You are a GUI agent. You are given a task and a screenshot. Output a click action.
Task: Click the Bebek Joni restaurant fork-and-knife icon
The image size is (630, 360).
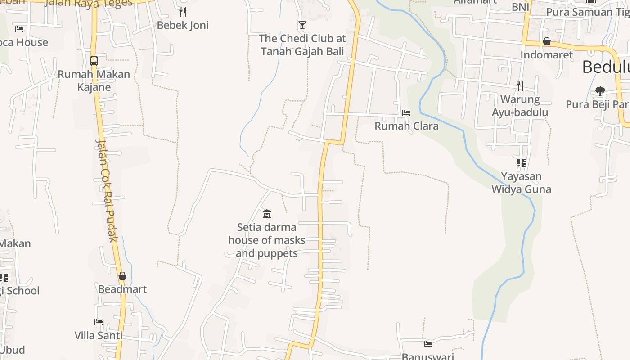pos(183,12)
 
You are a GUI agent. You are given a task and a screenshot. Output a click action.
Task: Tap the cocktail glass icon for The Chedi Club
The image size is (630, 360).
pos(302,25)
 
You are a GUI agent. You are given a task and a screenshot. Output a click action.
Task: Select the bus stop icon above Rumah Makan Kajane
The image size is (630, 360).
pos(94,61)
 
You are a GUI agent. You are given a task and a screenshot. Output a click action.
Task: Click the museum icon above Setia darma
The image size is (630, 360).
pos(267,214)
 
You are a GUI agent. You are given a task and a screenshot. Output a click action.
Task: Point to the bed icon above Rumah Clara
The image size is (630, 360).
pos(406,112)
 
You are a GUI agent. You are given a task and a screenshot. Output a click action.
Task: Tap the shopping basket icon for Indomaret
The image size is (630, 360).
pos(547,42)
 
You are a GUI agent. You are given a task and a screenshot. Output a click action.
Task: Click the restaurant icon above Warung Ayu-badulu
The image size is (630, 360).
pos(520,85)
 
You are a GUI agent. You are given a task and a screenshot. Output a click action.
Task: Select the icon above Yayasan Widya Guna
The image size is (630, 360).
pos(521,163)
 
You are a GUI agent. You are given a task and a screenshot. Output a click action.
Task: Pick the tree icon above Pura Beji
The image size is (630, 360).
pos(600,91)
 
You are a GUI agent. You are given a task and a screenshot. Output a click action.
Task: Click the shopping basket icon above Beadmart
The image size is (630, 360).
pos(122,276)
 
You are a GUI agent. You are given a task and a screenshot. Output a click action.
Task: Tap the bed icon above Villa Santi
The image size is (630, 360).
pos(99,322)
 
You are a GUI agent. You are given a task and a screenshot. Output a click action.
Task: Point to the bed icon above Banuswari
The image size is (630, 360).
pos(427,344)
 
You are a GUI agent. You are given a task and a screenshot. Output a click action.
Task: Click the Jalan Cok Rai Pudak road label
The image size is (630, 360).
pos(107,191)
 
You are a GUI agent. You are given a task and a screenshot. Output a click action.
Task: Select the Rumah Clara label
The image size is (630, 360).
pos(406,126)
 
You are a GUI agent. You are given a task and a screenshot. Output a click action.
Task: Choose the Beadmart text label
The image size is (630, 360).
pos(122,289)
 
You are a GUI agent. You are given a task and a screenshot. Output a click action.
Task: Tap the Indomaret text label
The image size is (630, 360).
pos(547,55)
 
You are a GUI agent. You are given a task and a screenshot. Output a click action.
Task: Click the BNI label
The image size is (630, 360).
pos(520,7)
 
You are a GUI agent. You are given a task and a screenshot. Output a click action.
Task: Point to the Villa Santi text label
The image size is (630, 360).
pos(99,335)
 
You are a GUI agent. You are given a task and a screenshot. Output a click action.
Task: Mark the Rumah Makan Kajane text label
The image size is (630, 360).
pos(94,81)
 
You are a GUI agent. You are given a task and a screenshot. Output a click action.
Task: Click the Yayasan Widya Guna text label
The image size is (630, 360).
pos(521,183)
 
